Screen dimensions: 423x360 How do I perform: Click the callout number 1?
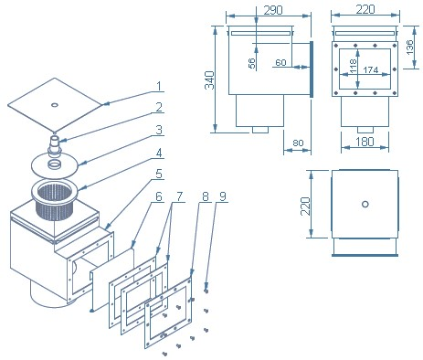(x=159, y=86)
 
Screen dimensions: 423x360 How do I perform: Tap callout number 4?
(x=159, y=153)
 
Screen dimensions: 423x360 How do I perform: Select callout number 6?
(x=159, y=196)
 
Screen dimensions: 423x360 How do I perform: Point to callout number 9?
(x=223, y=196)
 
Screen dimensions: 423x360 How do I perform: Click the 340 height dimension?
(x=209, y=80)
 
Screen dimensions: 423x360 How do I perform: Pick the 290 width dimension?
(x=273, y=10)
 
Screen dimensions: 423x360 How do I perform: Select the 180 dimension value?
(x=365, y=142)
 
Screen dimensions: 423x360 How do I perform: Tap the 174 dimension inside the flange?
(x=371, y=70)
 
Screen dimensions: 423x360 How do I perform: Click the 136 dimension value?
(x=410, y=47)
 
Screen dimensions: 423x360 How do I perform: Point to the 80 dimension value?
(x=298, y=143)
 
